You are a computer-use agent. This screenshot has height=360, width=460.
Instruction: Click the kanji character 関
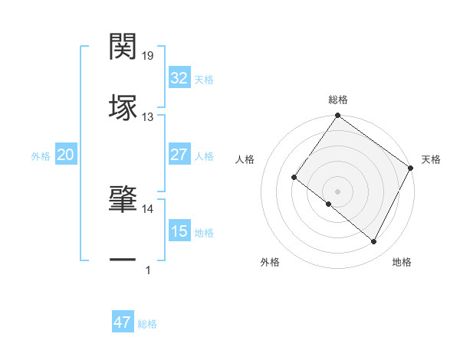pos(123,47)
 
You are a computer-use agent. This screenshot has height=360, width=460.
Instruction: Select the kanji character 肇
pos(123,199)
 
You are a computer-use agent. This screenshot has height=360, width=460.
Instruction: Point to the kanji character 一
pos(123,260)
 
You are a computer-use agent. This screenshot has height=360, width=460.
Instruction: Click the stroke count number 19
pos(148,56)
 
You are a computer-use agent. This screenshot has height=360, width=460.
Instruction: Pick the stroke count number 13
pos(148,116)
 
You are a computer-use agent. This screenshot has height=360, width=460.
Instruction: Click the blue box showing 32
pos(179,78)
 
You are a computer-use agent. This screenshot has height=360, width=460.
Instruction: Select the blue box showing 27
pos(179,155)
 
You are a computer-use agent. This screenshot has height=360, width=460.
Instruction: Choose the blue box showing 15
pos(179,231)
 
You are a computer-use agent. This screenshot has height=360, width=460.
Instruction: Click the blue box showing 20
pos(65,155)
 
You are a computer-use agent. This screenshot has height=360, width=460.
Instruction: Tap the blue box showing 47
pos(122,322)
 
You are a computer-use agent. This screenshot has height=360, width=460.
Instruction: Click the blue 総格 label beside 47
pos(147,324)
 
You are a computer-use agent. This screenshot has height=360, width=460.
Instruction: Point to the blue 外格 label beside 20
pos(41,156)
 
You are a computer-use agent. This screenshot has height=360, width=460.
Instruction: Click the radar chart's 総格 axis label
pos(337,100)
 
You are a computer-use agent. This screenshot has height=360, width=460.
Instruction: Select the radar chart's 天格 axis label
pos(431,159)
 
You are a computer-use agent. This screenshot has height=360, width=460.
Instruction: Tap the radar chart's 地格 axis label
pos(402,263)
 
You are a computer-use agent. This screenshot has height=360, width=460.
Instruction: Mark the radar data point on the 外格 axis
pos(329,204)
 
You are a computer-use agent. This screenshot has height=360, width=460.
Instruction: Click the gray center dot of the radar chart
pos(337,191)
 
